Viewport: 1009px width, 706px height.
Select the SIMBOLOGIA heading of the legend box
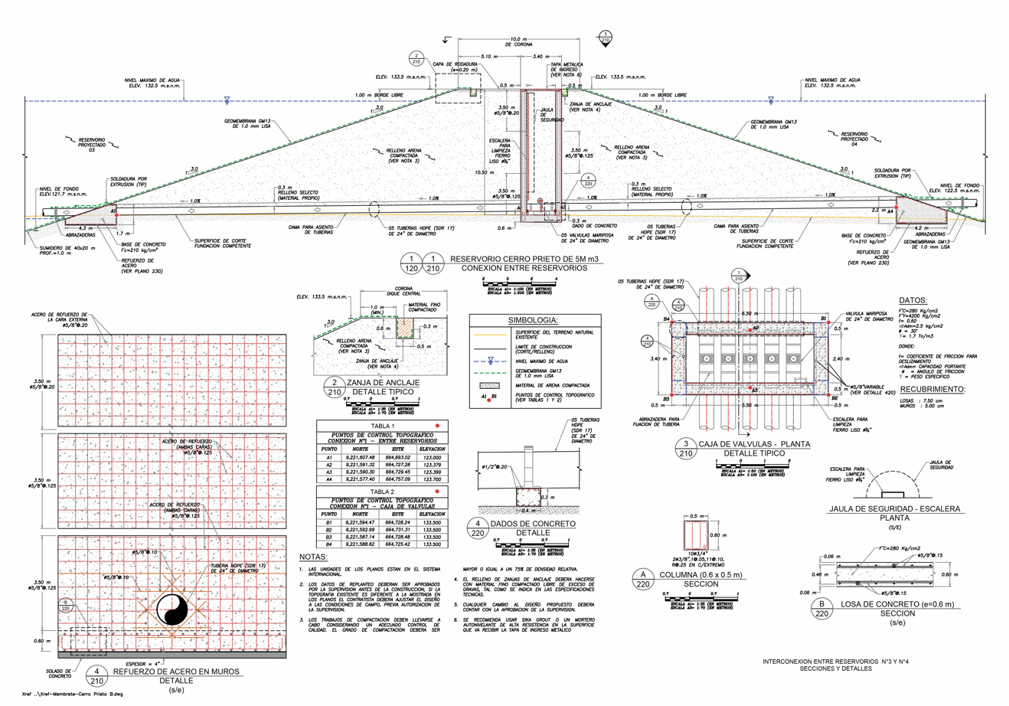tap(533, 320)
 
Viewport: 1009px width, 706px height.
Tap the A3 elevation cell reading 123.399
tap(432, 472)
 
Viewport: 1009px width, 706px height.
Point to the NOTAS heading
tap(313, 557)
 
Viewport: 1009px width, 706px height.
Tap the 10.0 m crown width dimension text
tap(518, 39)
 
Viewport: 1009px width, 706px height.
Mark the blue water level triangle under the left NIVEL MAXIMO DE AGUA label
tap(227, 100)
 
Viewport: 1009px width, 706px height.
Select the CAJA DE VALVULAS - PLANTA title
tap(754, 444)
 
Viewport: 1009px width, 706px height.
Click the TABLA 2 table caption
tap(382, 492)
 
